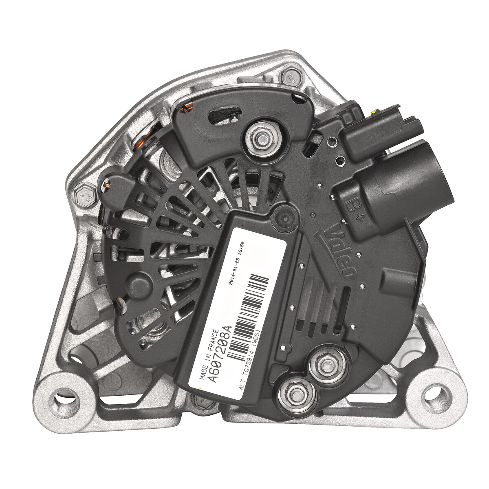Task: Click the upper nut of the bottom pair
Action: point(326,365)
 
